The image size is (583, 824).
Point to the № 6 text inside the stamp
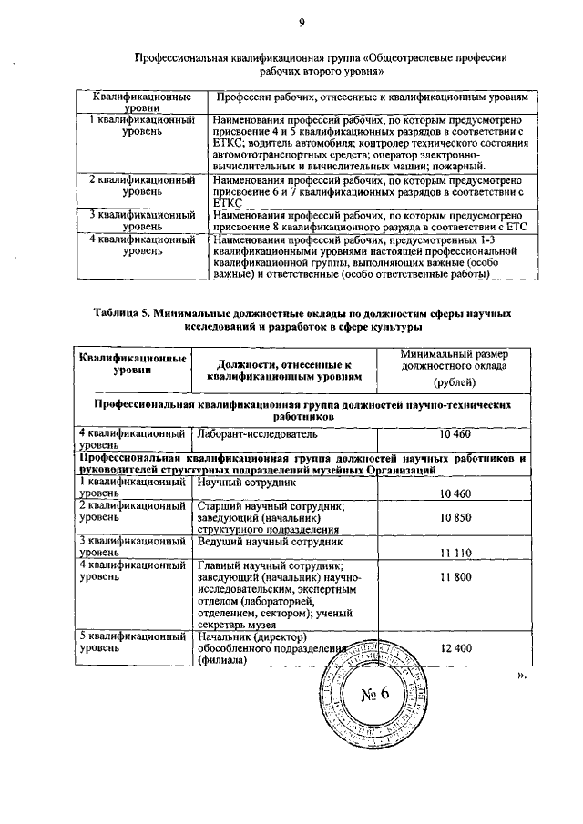click(375, 695)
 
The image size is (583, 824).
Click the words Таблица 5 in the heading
click(122, 312)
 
